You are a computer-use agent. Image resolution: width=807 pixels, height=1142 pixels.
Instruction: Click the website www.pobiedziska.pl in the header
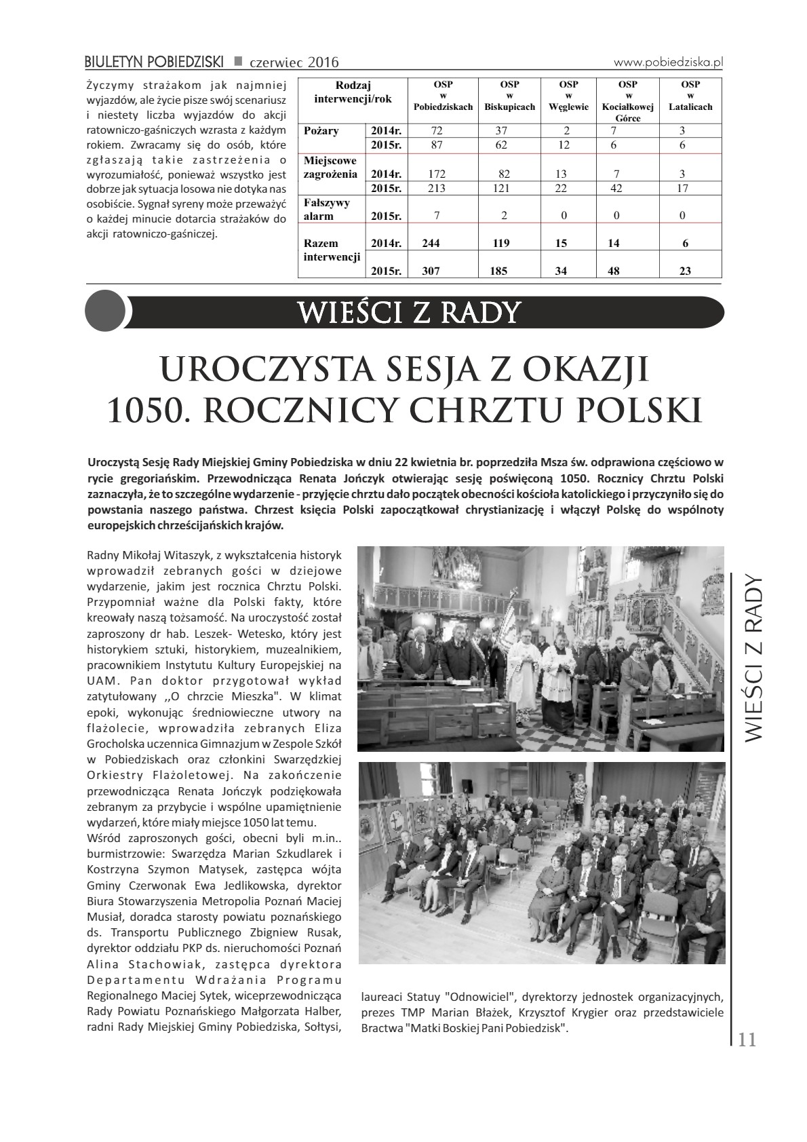[x=668, y=62]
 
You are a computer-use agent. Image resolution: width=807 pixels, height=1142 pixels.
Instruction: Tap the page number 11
[x=747, y=1040]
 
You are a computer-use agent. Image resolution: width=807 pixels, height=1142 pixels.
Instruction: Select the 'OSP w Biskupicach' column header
[x=509, y=96]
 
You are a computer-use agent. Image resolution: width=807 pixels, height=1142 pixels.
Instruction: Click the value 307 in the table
[x=431, y=271]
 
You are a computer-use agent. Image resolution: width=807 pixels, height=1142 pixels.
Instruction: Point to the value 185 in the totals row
[x=499, y=271]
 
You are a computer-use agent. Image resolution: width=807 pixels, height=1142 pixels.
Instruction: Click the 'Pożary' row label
[x=322, y=131]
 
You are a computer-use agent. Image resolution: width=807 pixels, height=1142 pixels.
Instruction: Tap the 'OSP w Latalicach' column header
[x=690, y=96]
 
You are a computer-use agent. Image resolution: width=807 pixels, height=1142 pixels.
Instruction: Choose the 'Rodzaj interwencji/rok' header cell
[x=353, y=92]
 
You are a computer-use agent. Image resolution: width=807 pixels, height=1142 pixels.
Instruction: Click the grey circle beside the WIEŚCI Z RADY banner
[x=105, y=311]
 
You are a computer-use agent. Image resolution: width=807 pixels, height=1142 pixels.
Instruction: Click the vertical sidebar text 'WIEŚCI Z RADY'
[x=753, y=659]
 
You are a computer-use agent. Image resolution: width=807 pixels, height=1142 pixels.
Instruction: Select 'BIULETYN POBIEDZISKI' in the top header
[x=154, y=62]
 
